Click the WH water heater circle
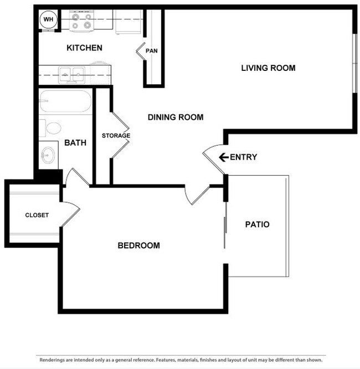48,20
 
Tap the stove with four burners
82,21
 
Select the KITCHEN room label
84,48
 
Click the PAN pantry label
152,51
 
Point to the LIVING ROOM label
268,68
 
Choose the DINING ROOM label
175,117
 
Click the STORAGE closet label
116,136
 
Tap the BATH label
75,143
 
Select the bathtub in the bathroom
65,102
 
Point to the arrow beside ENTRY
223,157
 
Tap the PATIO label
257,224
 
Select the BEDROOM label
138,245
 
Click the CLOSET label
37,215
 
